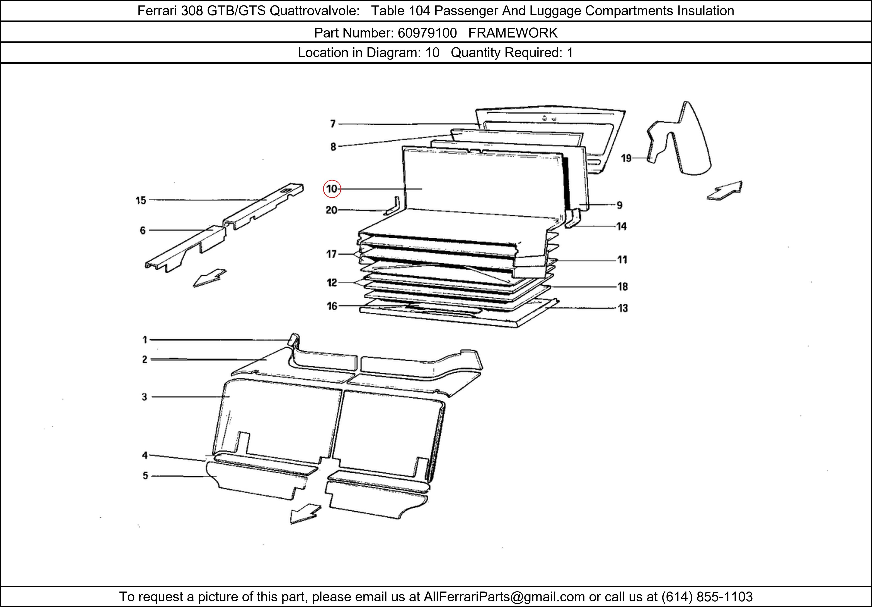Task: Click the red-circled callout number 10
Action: (332, 189)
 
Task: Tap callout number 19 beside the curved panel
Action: (626, 158)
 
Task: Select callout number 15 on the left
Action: (141, 200)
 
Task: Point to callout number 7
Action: (333, 124)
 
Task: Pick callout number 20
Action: (332, 210)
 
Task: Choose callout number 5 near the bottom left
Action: (145, 476)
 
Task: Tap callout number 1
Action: (145, 340)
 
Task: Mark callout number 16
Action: (332, 306)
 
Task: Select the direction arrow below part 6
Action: (210, 278)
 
